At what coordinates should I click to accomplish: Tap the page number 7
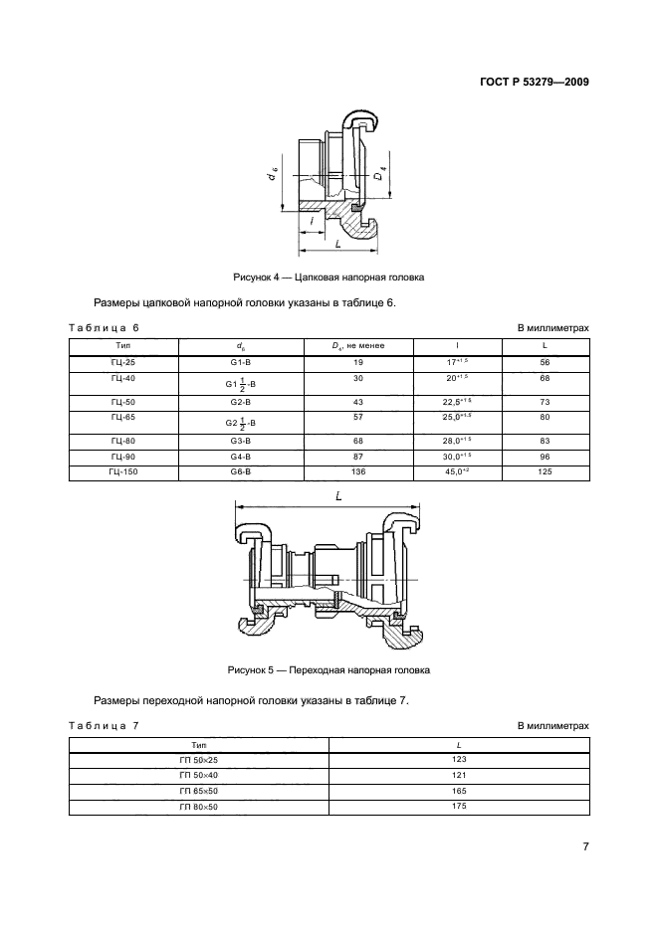point(585,846)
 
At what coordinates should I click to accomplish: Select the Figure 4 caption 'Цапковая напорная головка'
point(329,278)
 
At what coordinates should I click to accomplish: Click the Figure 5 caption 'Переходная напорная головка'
point(329,669)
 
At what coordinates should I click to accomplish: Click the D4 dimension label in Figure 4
point(379,177)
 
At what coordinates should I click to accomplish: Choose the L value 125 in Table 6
point(546,471)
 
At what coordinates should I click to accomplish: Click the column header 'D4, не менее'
point(357,345)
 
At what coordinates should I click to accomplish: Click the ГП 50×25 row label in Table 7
point(199,760)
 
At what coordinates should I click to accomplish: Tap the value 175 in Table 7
point(460,806)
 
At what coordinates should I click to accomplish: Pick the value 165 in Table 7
point(460,790)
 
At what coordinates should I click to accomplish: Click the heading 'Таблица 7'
point(104,725)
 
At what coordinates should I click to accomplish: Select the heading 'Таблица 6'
point(104,327)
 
